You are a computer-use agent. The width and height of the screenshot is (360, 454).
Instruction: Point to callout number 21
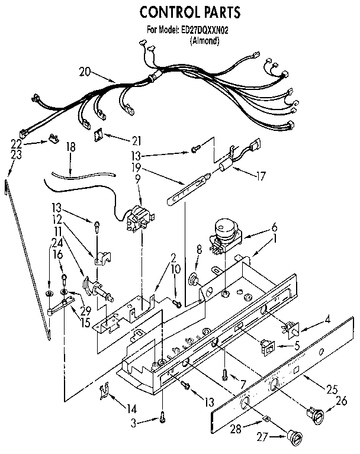coord(137,140)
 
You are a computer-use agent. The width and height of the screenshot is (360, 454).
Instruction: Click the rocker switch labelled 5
coord(267,346)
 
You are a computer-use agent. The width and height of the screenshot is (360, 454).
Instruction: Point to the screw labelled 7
coord(226,373)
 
